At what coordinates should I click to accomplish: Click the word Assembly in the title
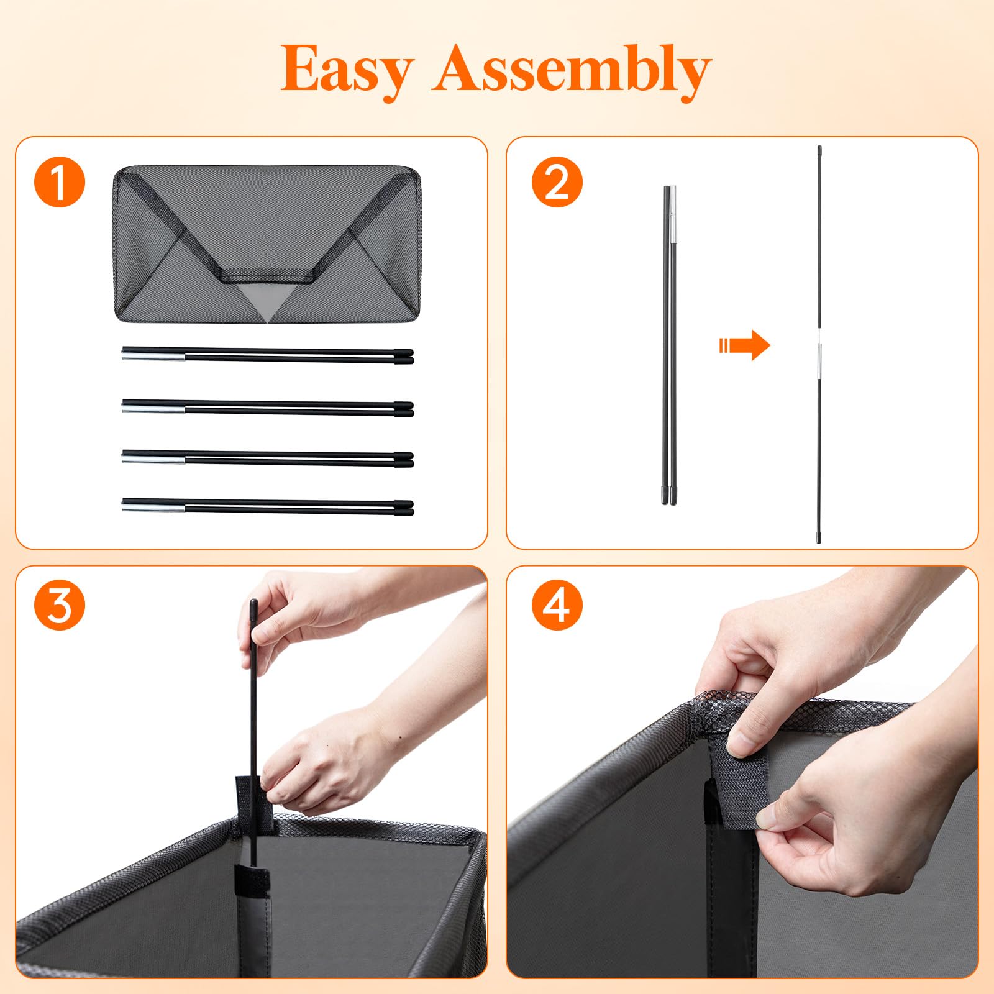[572, 70]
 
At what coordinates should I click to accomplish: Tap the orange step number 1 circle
[60, 182]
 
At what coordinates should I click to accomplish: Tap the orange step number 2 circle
[557, 182]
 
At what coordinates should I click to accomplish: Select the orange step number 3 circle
[60, 605]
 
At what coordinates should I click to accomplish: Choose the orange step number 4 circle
[557, 605]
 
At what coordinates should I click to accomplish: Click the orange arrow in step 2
[744, 345]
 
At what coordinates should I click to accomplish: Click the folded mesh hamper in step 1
[267, 244]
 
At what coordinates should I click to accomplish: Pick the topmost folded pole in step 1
[268, 355]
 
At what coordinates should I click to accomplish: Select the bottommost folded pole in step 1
[268, 506]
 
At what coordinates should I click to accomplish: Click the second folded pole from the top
[268, 408]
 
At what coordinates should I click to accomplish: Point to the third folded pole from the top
[268, 458]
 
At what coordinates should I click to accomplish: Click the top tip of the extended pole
[819, 147]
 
